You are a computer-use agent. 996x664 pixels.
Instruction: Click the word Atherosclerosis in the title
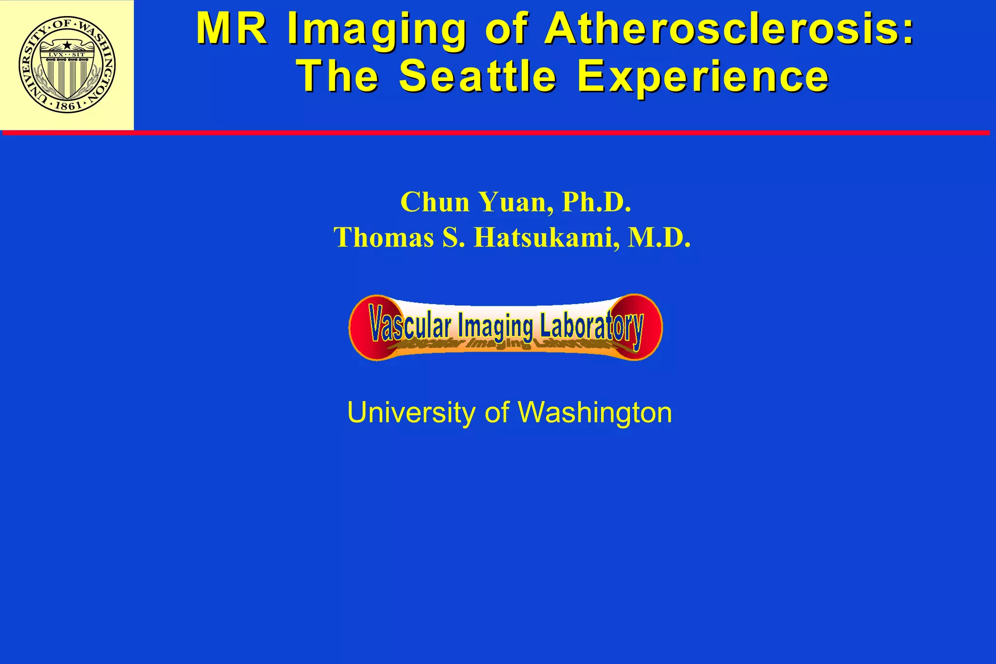click(x=729, y=29)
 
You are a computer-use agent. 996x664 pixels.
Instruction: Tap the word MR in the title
click(x=231, y=29)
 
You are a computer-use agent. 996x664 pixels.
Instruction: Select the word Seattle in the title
click(x=478, y=76)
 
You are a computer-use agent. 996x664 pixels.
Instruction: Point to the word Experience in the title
click(x=703, y=76)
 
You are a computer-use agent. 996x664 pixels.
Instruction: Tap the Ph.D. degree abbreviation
click(x=596, y=202)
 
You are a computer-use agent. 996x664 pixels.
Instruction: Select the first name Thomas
click(x=384, y=238)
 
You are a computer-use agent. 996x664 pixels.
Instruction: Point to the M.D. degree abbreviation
click(x=659, y=238)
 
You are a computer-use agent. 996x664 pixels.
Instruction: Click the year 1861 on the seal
click(x=68, y=105)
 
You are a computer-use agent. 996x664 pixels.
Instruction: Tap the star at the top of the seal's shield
click(x=67, y=46)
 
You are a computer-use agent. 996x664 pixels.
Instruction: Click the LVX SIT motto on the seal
click(x=67, y=54)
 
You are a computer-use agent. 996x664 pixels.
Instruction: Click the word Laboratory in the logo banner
click(x=590, y=326)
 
